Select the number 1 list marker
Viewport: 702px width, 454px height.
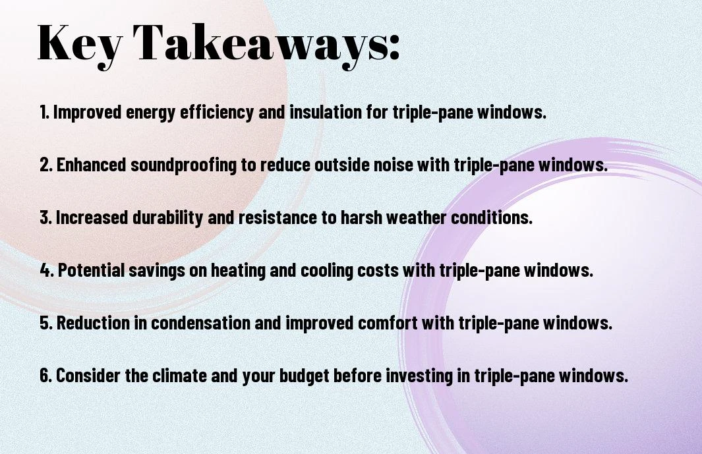coord(44,112)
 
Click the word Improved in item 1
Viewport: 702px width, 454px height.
coord(87,113)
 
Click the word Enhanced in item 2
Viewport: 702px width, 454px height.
coord(92,164)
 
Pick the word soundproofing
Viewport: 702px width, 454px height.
coord(183,165)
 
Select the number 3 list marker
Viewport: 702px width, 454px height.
coord(45,217)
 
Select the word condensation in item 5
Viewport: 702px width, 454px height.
coord(200,322)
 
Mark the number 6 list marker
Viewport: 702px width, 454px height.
coord(45,375)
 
